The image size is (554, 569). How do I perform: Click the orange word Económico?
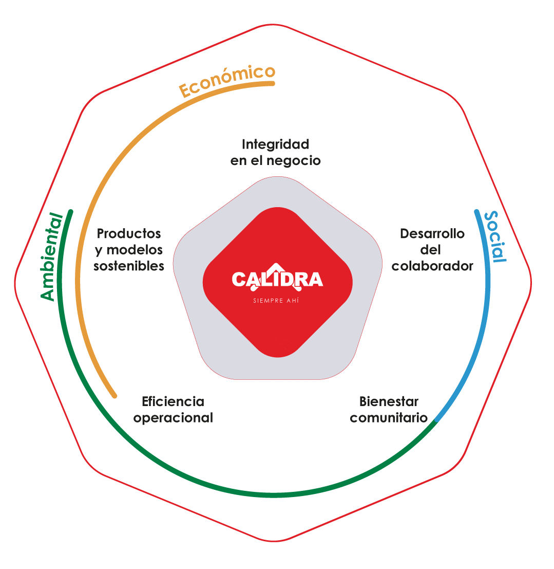click(227, 81)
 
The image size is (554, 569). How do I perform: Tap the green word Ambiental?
click(51, 256)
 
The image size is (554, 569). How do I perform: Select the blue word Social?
click(495, 236)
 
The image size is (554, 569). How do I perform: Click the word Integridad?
click(276, 144)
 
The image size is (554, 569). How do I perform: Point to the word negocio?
click(293, 161)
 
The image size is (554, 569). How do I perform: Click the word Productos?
click(129, 234)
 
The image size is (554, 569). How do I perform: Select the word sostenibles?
click(129, 266)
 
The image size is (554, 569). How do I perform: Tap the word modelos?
click(135, 250)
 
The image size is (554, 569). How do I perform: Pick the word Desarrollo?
click(432, 234)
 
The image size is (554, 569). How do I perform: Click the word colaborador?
click(432, 266)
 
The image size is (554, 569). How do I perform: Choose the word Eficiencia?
click(173, 402)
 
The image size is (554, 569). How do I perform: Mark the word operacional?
click(173, 418)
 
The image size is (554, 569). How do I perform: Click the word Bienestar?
click(389, 402)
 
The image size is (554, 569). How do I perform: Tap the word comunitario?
click(389, 418)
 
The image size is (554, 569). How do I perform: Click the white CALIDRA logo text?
click(277, 280)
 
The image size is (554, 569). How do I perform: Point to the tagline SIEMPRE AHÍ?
click(276, 301)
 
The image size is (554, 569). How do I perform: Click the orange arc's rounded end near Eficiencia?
click(114, 396)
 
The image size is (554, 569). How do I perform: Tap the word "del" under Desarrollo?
click(430, 250)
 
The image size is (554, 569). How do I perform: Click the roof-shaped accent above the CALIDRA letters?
click(277, 267)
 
